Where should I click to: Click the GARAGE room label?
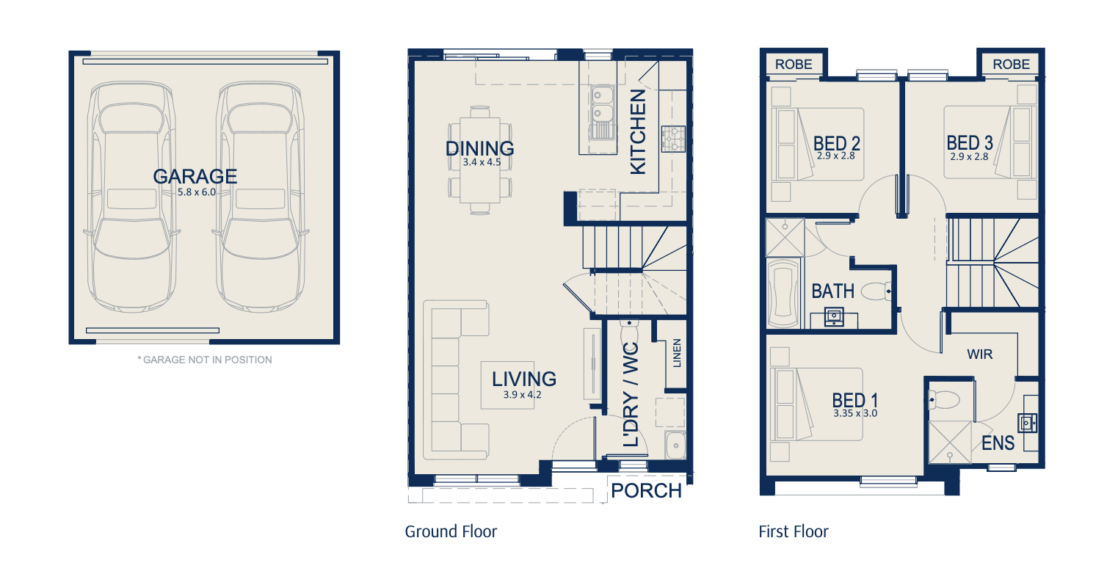point(195,176)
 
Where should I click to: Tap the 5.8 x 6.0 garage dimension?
point(197,192)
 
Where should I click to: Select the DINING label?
point(480,148)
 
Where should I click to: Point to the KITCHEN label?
point(638,132)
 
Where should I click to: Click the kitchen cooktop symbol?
point(674,139)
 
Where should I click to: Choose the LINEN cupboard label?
point(677,353)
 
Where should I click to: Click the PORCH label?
point(647,491)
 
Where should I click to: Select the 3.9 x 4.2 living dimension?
point(523,395)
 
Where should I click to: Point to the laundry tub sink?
point(675,445)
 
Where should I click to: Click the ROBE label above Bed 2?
point(794,64)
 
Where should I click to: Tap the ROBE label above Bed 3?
point(1012,64)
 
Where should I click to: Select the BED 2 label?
point(837,144)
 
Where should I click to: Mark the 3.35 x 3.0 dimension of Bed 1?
point(855,413)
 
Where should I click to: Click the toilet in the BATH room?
point(876,291)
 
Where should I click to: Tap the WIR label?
point(980,354)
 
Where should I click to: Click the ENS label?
point(998,443)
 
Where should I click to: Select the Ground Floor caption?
point(451,531)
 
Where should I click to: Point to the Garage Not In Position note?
point(205,360)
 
